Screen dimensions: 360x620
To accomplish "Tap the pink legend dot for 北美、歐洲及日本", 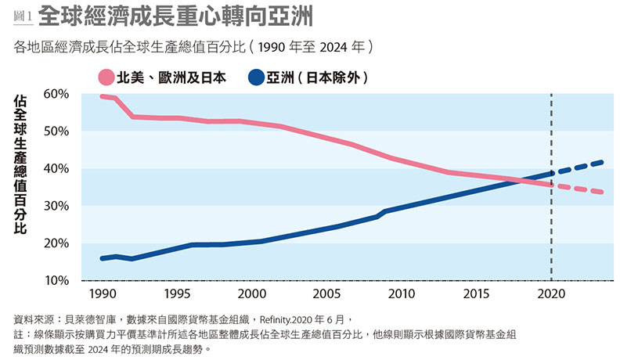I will click(105, 77).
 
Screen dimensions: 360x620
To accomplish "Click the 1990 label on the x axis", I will click(101, 293).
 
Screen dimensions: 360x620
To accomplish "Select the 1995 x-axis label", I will click(176, 293).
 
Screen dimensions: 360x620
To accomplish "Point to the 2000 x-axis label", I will click(251, 293).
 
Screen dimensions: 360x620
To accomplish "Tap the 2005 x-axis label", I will click(326, 293).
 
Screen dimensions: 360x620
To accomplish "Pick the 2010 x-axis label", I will click(402, 293).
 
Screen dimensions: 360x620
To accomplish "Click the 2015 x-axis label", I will click(477, 293).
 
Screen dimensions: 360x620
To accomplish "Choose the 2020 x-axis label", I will click(552, 293).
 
